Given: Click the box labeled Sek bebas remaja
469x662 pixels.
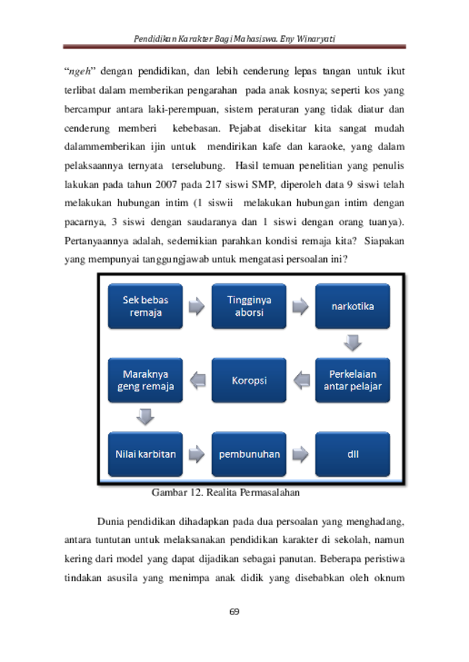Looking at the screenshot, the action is tap(145, 306).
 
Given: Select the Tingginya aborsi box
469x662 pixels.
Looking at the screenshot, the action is tap(249, 306).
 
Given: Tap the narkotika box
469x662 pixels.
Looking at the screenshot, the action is tap(352, 306).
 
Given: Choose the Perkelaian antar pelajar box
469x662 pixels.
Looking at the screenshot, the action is tap(352, 380).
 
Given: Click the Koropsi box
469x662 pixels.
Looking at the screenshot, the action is tap(249, 380).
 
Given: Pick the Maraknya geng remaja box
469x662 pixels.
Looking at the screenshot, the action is tap(145, 380).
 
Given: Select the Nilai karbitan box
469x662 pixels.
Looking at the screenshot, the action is tap(145, 454).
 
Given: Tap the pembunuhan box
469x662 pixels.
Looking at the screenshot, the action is tap(249, 454).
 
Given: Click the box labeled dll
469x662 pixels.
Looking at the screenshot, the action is tap(352, 454).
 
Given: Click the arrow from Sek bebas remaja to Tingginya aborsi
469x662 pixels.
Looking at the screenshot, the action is tap(197, 306).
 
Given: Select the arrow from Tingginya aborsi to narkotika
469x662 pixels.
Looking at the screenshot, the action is tap(300, 306).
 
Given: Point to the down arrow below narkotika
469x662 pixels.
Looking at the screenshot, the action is tap(352, 343).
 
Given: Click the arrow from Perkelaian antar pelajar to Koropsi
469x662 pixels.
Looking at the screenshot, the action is tap(302, 380).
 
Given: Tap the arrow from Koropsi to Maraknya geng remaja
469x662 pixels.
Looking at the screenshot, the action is tap(198, 380).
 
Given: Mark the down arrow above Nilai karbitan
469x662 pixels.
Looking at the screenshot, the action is tap(145, 417).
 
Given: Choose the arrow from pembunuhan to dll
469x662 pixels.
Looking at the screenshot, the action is tap(300, 454).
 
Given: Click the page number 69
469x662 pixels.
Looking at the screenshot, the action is tap(234, 612).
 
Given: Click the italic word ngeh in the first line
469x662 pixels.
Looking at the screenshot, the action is tap(80, 72).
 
